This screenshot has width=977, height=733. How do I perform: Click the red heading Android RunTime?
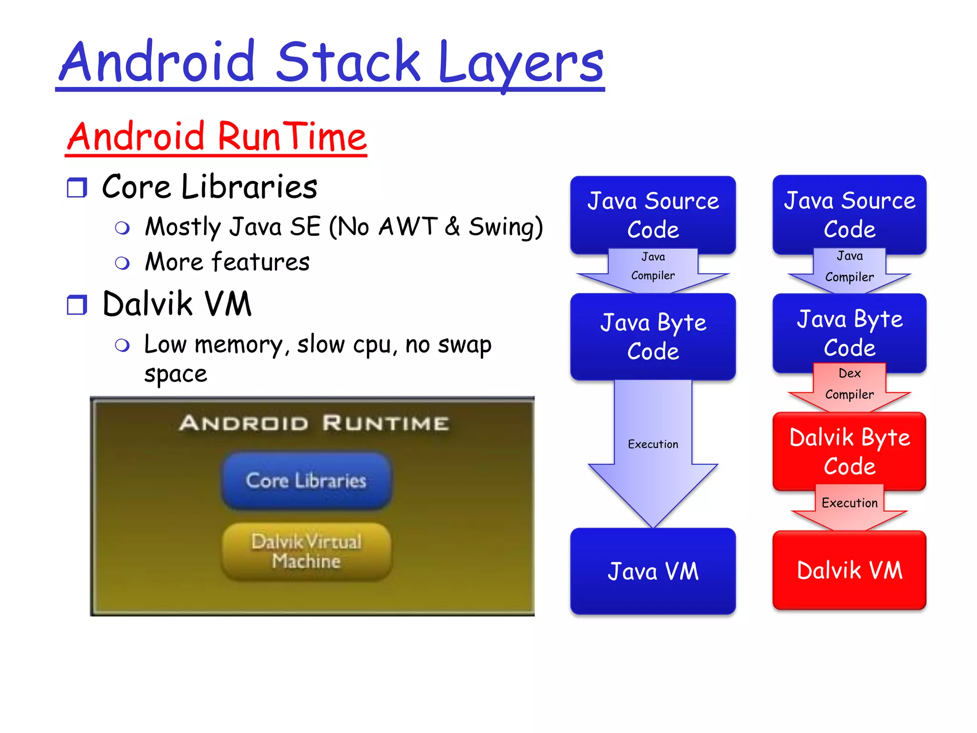[217, 137]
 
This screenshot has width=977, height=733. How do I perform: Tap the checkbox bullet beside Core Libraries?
[77, 188]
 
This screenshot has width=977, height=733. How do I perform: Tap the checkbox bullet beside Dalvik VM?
[77, 305]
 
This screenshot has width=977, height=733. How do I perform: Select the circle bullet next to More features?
[123, 263]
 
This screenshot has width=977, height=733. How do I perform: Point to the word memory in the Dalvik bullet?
[239, 345]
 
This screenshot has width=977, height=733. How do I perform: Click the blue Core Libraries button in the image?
[306, 481]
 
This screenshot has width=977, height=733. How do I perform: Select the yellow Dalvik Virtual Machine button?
[306, 552]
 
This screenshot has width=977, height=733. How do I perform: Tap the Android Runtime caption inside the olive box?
[313, 423]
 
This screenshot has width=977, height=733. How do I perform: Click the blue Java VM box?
[653, 571]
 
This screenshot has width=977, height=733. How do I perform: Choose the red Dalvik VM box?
[849, 570]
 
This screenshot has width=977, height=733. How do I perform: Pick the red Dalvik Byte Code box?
[849, 451]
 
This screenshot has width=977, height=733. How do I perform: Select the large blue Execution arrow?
[653, 453]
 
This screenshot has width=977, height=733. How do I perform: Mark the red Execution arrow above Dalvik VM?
[849, 506]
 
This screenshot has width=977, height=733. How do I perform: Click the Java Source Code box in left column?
[653, 215]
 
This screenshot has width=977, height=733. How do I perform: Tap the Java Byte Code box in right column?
[849, 333]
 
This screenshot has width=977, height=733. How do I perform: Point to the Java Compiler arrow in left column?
[653, 270]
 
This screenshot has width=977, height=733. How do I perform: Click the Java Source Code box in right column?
[849, 215]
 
